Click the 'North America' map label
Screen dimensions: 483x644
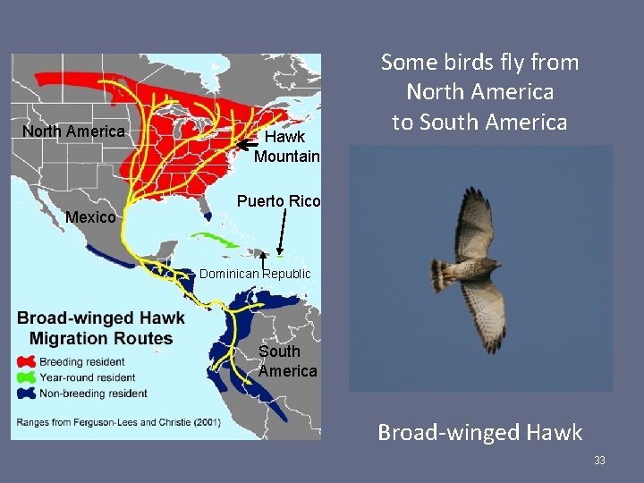73,131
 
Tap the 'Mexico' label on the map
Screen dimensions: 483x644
90,217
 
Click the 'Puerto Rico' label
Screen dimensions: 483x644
278,201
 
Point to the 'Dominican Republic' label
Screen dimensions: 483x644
255,274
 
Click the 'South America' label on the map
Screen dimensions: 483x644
287,361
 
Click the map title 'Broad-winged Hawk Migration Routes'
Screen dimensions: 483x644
101,327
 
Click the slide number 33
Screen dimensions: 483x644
599,461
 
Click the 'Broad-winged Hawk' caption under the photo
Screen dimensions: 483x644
479,433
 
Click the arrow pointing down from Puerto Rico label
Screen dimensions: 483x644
281,234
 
